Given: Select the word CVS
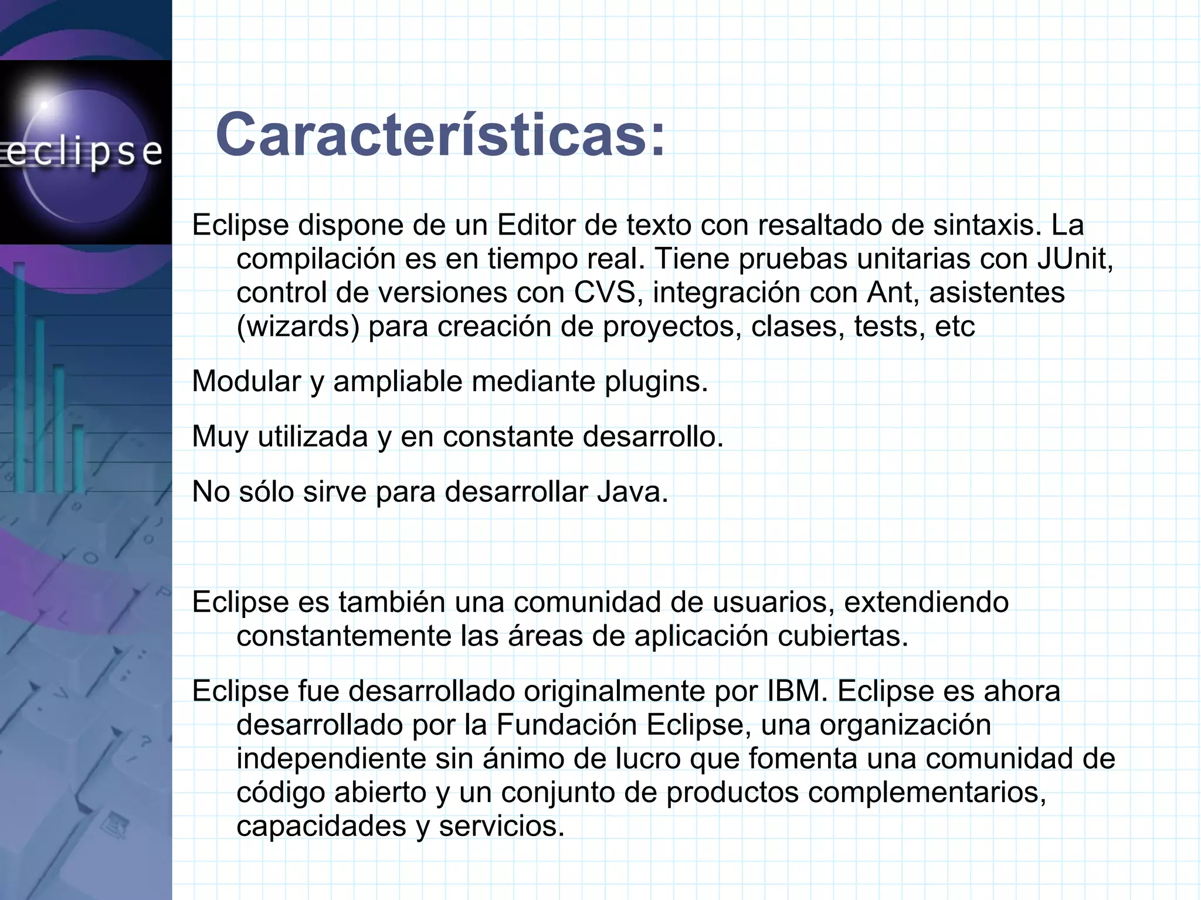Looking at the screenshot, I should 605,293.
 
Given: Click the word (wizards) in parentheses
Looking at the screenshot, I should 298,327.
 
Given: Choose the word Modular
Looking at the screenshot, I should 246,382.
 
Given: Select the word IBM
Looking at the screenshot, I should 796,691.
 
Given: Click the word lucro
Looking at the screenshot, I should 647,759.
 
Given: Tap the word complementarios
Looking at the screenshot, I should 927,793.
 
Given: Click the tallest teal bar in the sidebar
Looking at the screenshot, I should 20,375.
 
